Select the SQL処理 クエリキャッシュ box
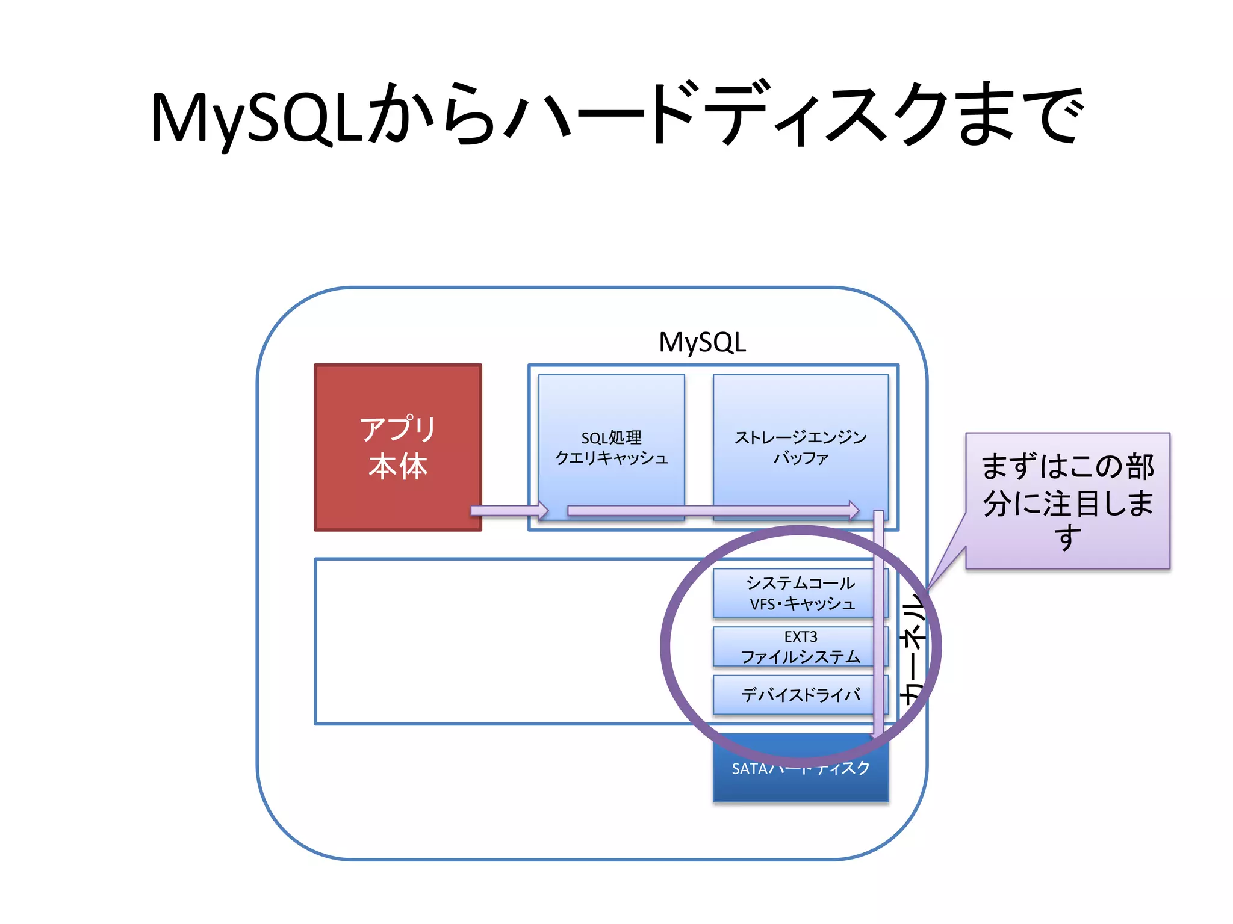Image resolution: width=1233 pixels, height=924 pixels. [x=611, y=421]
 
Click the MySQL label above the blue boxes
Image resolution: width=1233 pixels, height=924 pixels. [x=702, y=342]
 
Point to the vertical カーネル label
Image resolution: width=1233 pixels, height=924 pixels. [x=912, y=650]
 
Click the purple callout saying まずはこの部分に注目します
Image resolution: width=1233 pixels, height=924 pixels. [x=1067, y=500]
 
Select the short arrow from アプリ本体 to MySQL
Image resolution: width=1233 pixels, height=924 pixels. [x=509, y=511]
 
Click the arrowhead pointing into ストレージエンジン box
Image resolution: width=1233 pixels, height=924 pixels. [x=854, y=510]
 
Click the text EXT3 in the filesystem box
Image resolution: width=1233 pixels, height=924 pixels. [x=800, y=636]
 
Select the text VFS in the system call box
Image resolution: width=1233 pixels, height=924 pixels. [x=762, y=604]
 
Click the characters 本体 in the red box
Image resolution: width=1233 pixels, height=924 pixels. [x=397, y=466]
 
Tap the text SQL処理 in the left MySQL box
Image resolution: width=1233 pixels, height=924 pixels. [x=611, y=437]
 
